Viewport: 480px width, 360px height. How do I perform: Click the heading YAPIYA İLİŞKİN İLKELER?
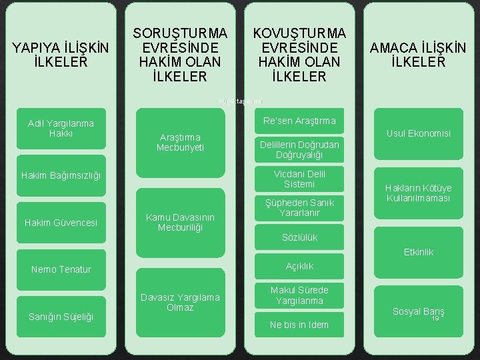61,55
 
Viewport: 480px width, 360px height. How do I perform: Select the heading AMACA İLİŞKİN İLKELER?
419,55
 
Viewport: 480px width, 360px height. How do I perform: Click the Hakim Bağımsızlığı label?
61,175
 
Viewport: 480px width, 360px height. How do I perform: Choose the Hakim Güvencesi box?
61,222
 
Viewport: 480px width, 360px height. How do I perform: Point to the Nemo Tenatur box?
61,269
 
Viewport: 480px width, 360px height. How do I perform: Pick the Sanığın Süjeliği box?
61,316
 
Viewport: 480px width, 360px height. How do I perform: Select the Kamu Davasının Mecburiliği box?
180,223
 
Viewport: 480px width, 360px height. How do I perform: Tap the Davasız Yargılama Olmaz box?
180,302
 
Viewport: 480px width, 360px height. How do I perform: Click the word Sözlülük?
299,237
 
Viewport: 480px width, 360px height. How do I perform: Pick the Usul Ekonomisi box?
419,133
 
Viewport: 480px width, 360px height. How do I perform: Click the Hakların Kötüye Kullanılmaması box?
419,193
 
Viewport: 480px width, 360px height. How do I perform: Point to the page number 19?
435,319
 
